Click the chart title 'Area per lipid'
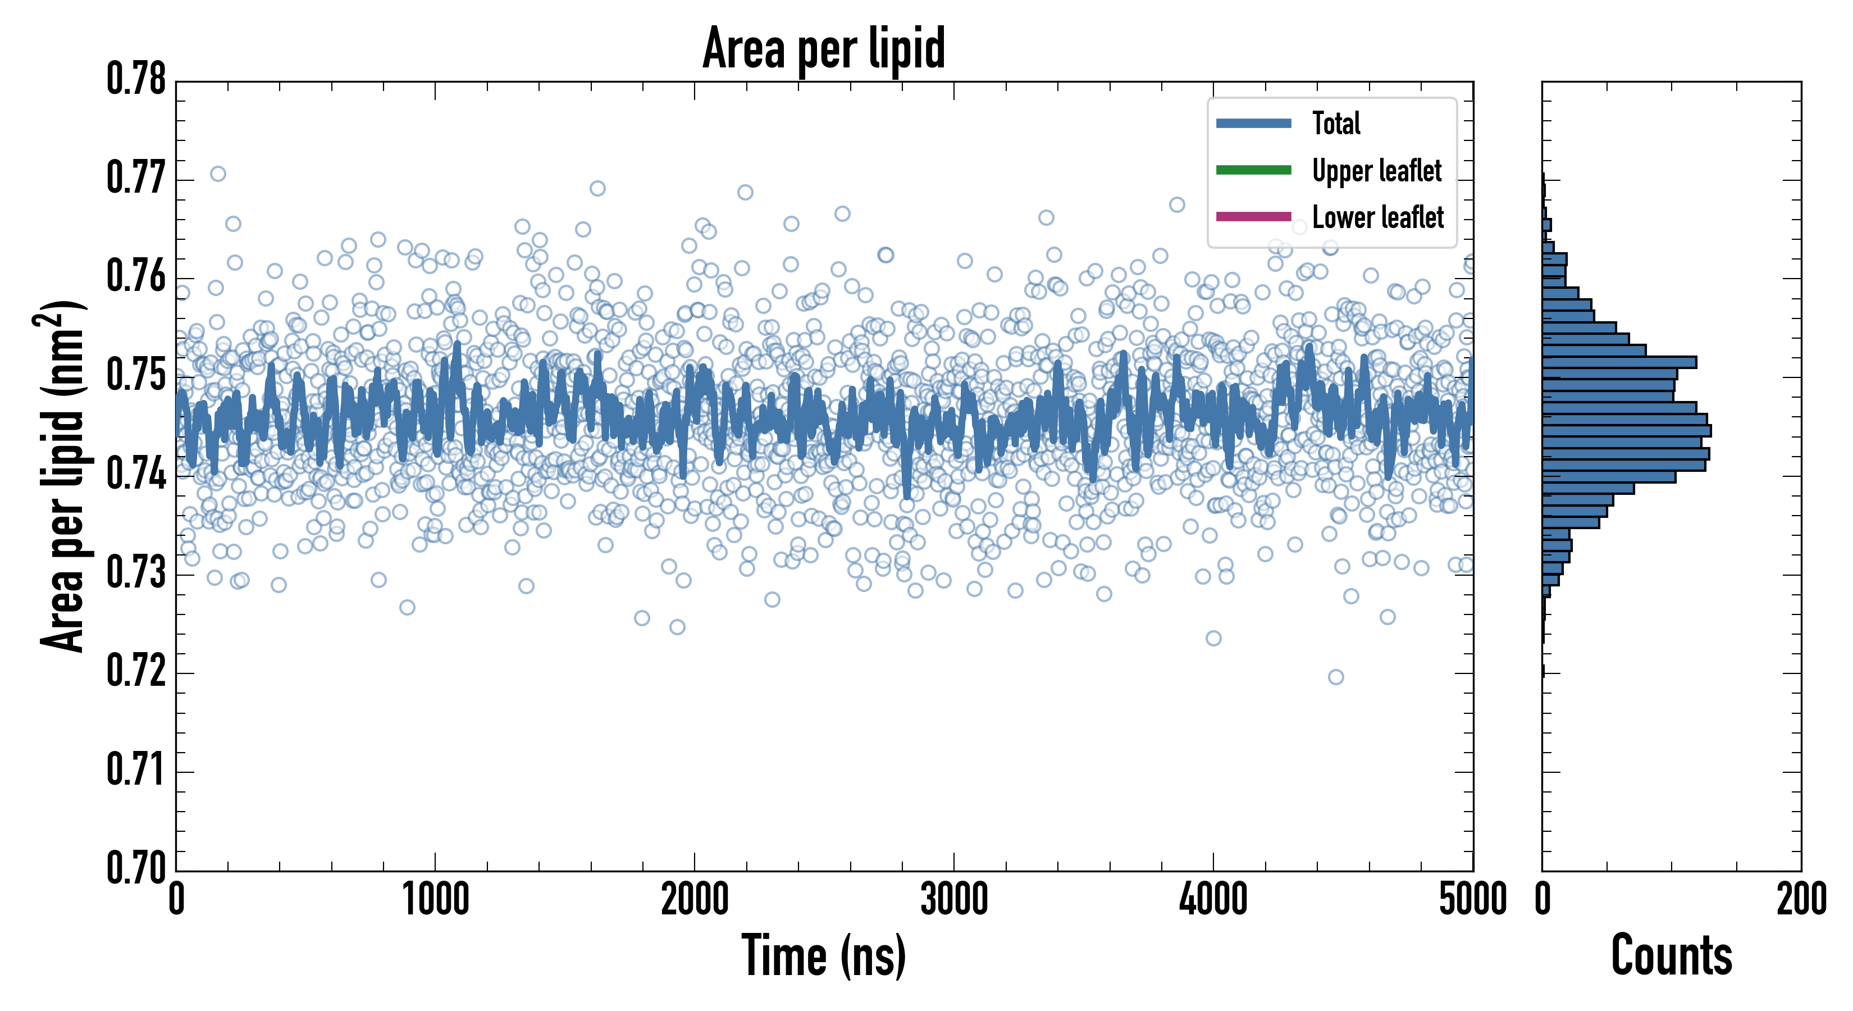824,49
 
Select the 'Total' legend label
1336,124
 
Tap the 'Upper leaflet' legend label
1376,171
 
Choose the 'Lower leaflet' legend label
1377,217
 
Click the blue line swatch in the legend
1253,124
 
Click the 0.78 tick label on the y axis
136,79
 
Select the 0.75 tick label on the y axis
136,375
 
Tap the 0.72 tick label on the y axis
136,671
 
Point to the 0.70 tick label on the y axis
136,867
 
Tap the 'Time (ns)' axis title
824,957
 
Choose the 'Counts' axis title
1671,957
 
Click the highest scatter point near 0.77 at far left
218,174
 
